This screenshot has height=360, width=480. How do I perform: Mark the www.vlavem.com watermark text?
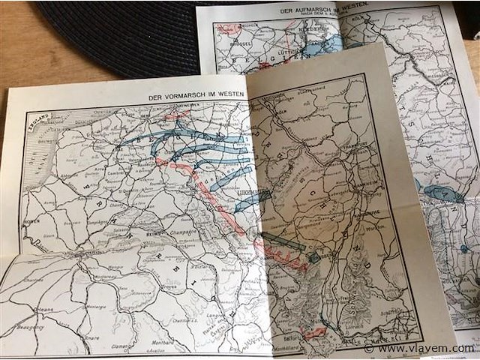[424, 348]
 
